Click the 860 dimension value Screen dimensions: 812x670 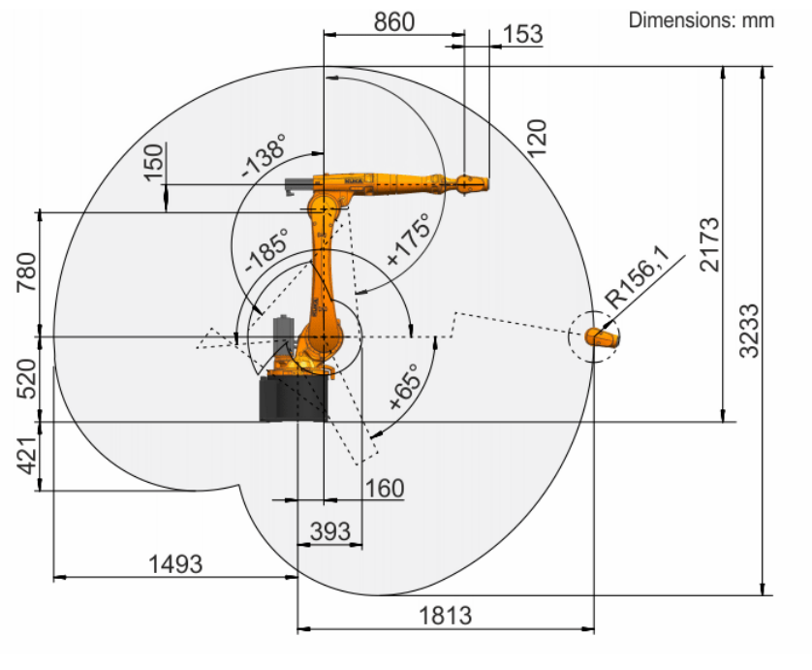click(x=394, y=22)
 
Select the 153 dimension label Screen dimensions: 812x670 click(x=522, y=34)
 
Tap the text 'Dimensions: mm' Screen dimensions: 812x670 click(x=702, y=20)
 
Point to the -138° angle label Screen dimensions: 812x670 click(x=264, y=154)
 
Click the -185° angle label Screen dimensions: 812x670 click(x=266, y=250)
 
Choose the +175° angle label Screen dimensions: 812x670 click(x=409, y=239)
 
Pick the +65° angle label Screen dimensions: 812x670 click(x=404, y=386)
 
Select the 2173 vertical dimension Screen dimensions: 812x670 click(x=709, y=244)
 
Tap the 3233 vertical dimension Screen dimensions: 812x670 click(x=749, y=331)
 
